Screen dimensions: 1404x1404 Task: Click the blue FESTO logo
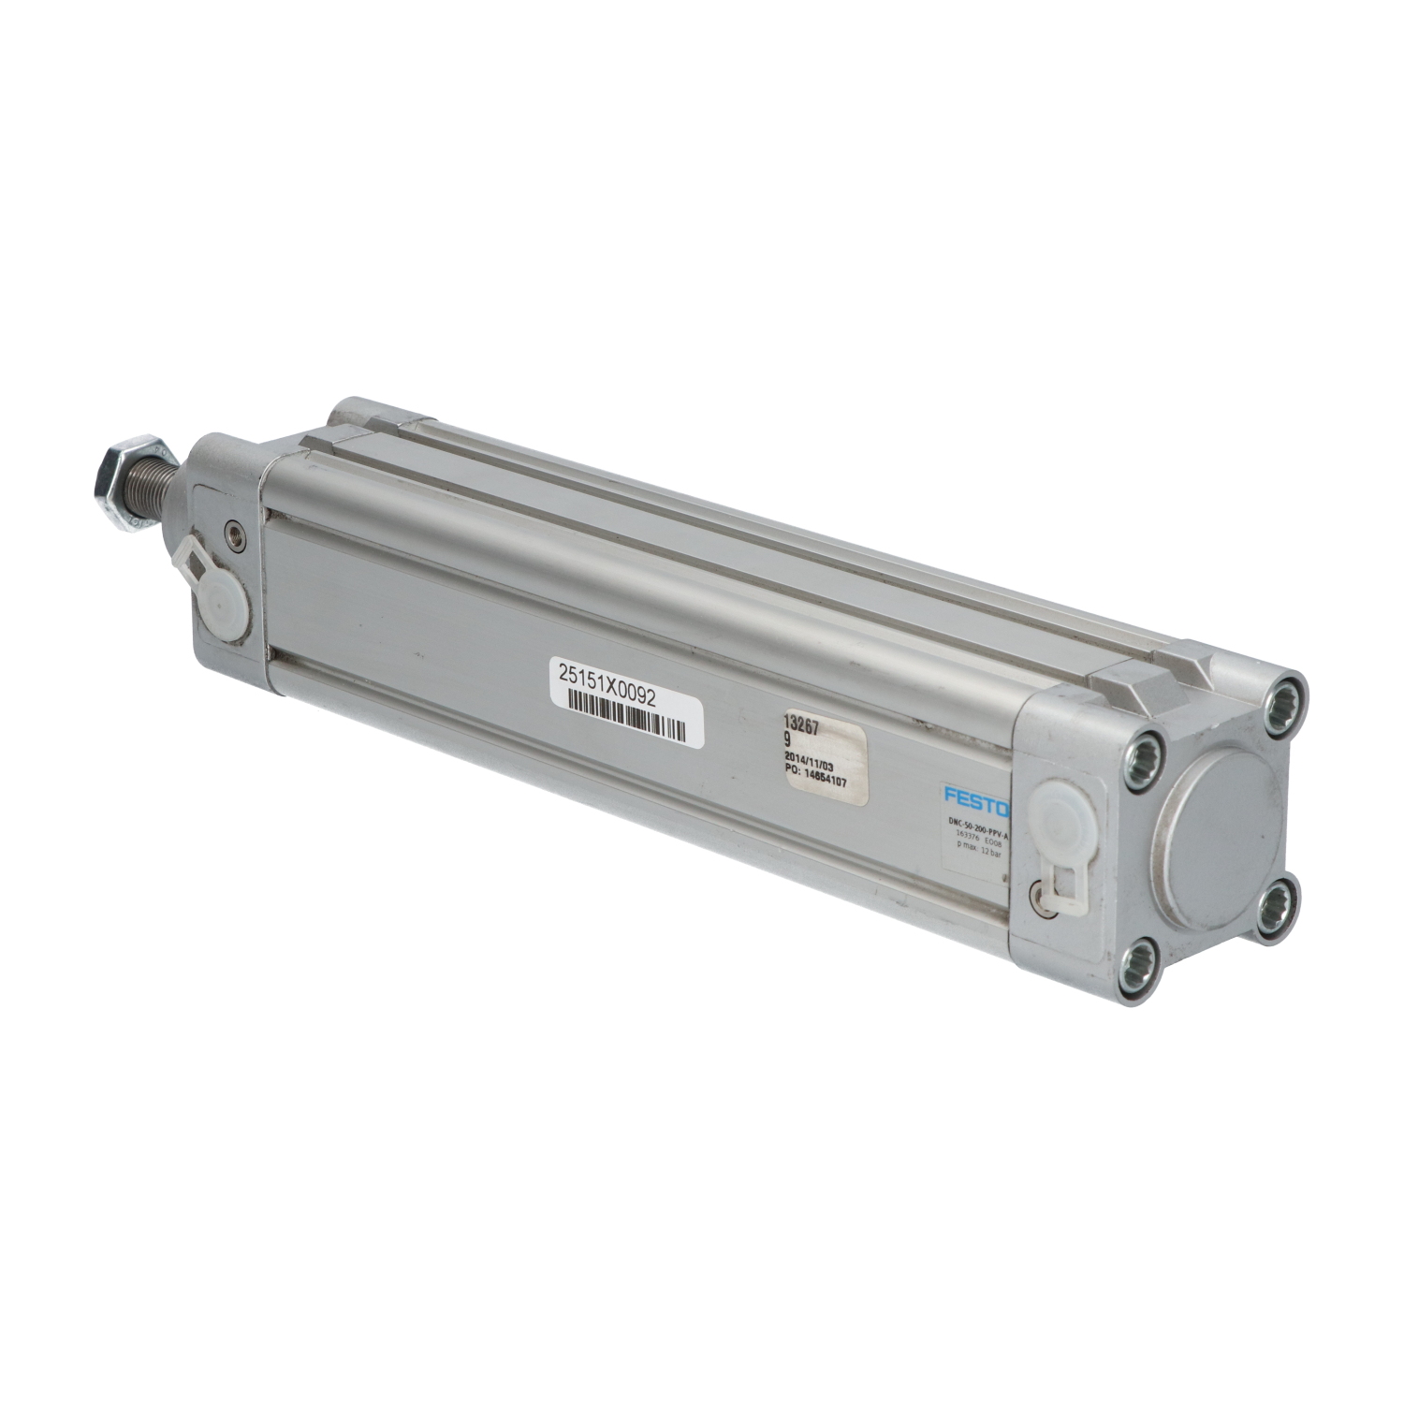coord(976,799)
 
